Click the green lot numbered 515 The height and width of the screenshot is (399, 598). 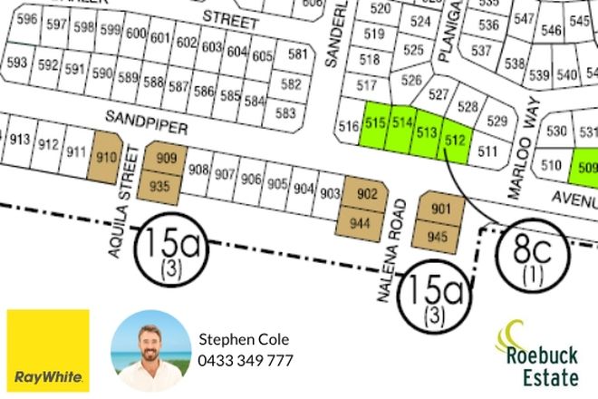point(375,123)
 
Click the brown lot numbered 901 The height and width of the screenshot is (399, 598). point(440,209)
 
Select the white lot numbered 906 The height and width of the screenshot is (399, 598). point(252,179)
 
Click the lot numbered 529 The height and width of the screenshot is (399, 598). point(497,121)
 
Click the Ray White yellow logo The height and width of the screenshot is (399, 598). point(48,351)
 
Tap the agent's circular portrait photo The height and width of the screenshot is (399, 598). point(150,351)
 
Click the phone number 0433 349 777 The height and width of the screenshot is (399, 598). point(246,360)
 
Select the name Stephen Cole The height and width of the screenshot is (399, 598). point(244,340)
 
